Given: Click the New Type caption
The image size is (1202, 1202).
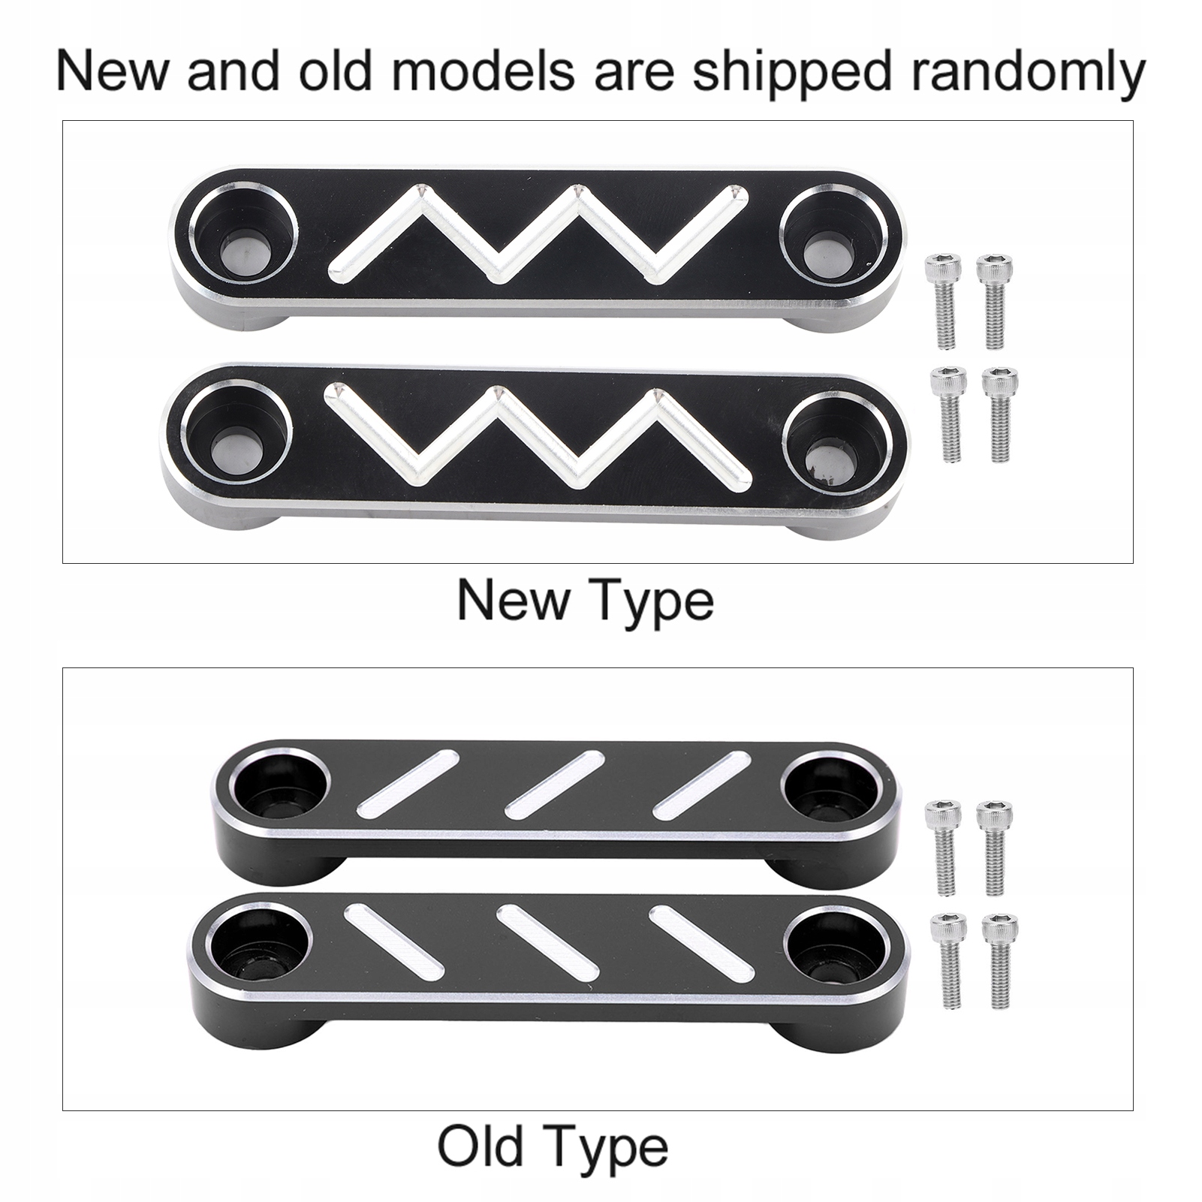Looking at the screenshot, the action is click(x=586, y=601).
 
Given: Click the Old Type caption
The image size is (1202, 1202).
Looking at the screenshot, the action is click(x=553, y=1147).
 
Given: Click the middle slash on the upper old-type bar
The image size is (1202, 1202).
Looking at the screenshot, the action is click(x=555, y=785).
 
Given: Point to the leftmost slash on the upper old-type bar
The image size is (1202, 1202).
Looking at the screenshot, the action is click(x=408, y=784).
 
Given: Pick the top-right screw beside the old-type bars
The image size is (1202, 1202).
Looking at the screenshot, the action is click(x=994, y=848).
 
